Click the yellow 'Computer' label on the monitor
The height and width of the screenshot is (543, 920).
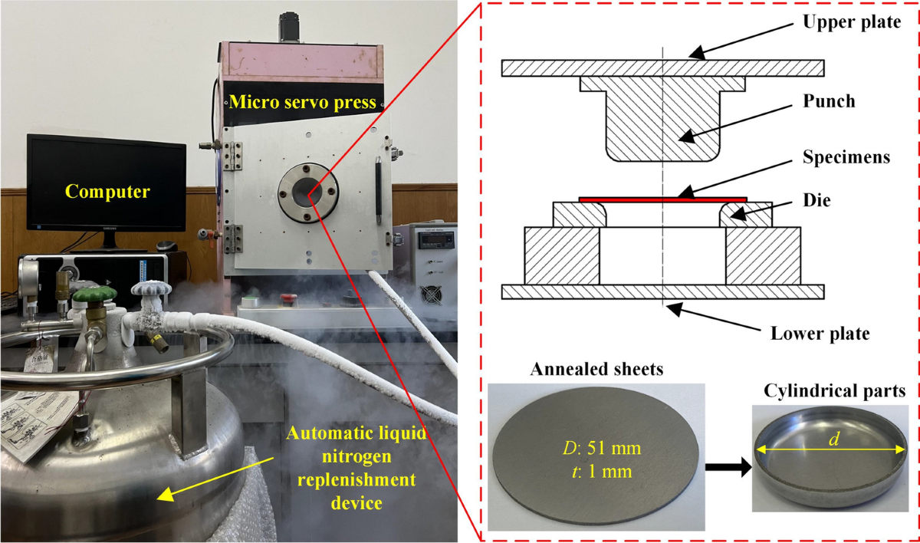107,192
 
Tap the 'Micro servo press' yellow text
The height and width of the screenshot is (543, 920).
303,102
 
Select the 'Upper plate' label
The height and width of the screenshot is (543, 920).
852,22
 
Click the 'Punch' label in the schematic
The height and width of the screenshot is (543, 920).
829,101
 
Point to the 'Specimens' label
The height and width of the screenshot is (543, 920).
846,157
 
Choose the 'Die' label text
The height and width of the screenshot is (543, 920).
816,200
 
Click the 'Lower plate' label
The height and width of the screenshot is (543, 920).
820,333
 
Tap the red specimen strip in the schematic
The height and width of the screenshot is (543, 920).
663,199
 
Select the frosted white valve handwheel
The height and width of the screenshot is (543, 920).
151,288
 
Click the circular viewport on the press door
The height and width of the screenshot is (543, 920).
308,193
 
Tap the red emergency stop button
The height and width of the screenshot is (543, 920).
288,298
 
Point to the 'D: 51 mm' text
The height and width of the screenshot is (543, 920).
602,448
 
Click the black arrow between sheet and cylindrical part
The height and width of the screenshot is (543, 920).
728,467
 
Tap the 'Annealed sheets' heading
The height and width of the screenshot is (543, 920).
596,369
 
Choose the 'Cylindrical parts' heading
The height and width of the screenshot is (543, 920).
835,391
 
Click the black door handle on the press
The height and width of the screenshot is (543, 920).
378,189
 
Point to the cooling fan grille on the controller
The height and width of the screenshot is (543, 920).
431,295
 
